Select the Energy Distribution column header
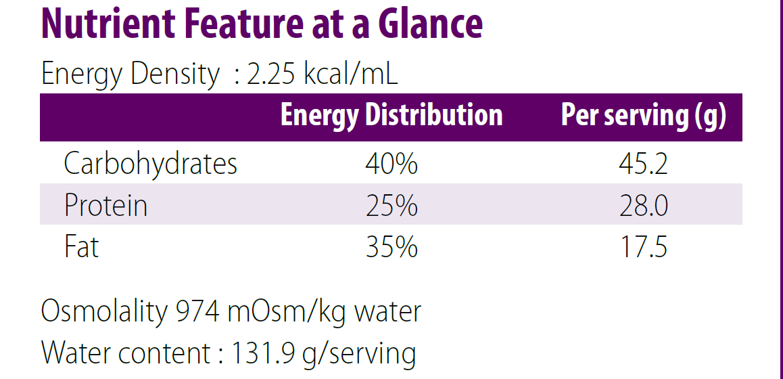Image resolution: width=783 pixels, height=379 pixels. click(x=391, y=116)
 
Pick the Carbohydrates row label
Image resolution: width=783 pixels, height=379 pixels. click(x=150, y=164)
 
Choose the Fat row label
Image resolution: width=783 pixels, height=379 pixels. click(x=81, y=247)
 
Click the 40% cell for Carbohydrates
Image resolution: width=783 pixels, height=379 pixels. click(x=391, y=164)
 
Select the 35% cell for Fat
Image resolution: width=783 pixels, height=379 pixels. click(x=391, y=247)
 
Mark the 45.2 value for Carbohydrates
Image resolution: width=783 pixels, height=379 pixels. click(x=643, y=164)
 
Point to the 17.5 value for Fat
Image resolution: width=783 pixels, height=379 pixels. click(x=643, y=247)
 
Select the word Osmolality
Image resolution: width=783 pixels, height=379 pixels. click(x=103, y=312)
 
